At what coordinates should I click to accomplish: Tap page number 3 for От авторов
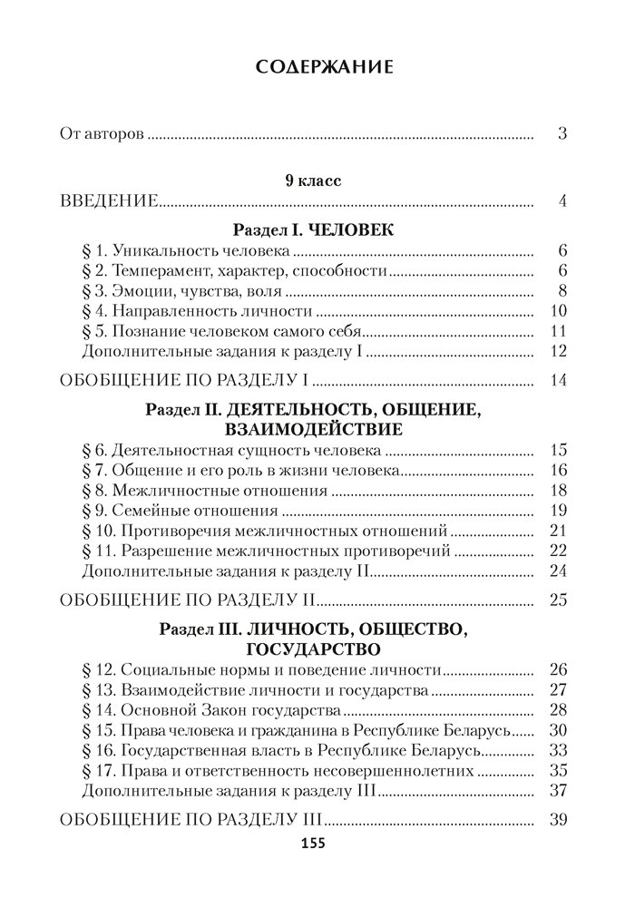pyautogui.click(x=562, y=134)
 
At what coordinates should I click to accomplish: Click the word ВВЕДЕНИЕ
pyautogui.click(x=110, y=201)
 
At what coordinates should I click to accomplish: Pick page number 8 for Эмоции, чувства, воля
pyautogui.click(x=562, y=291)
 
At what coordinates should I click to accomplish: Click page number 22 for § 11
pyautogui.click(x=558, y=550)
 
